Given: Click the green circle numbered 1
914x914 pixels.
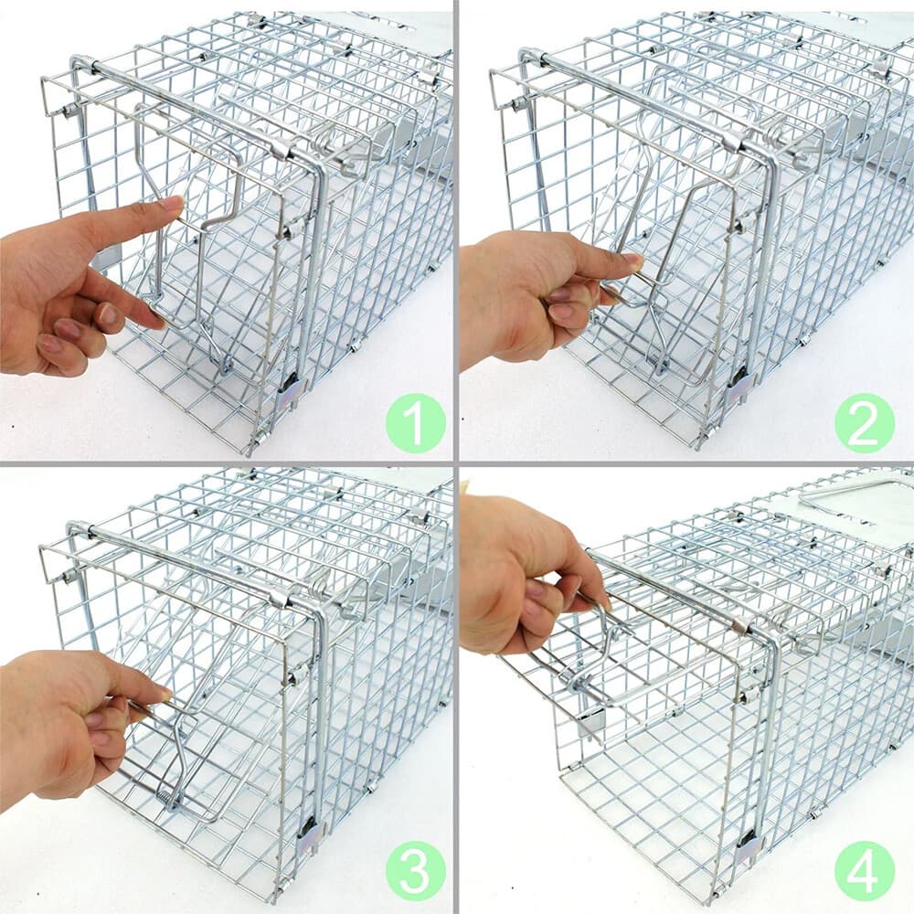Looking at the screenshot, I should [x=415, y=422].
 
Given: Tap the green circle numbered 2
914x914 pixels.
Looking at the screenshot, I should [x=864, y=422].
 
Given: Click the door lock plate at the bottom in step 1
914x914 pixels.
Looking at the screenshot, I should [x=291, y=392].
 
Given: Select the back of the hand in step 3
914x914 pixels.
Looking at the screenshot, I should [x=55, y=722].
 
